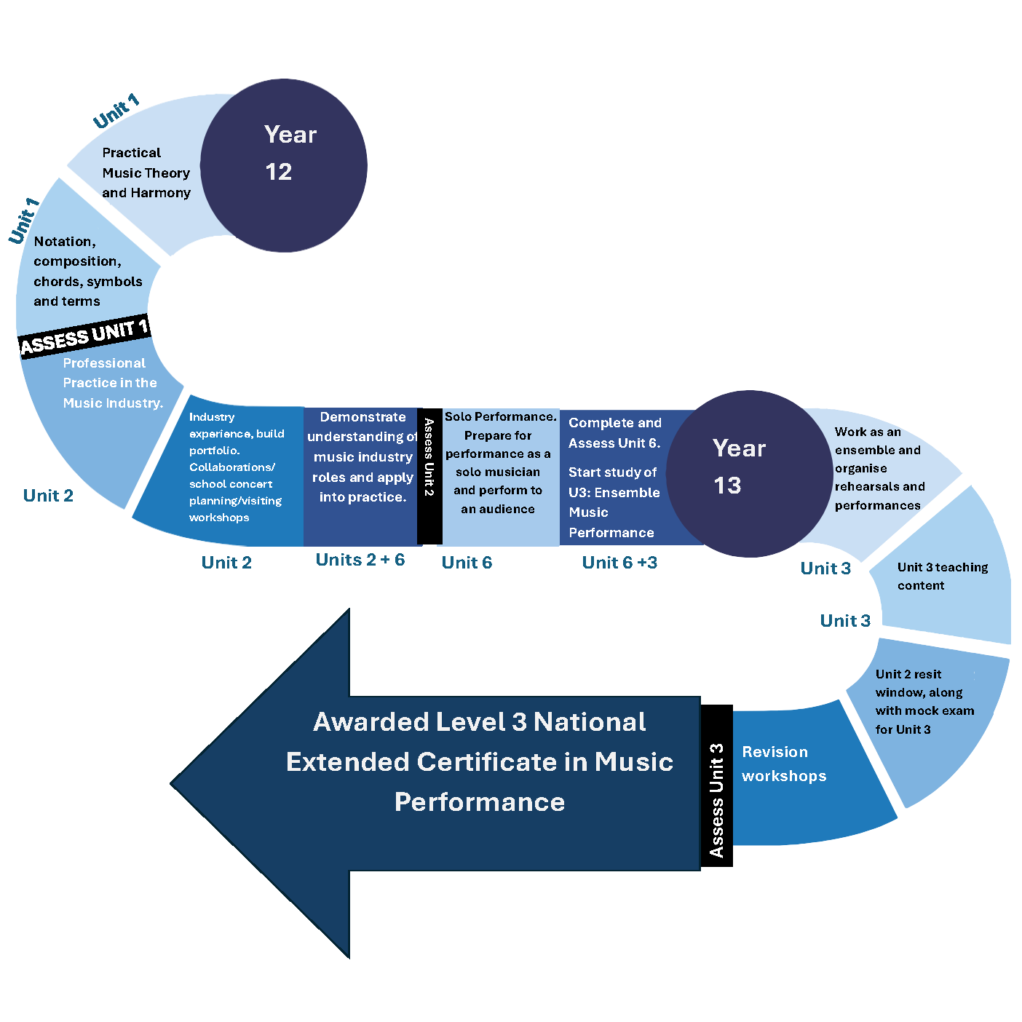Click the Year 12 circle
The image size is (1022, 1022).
(283, 165)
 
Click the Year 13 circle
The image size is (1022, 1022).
(750, 474)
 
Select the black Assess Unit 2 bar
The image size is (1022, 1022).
(429, 476)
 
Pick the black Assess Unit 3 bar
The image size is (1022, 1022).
(716, 786)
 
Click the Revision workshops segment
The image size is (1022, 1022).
(801, 772)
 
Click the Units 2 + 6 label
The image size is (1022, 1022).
(360, 560)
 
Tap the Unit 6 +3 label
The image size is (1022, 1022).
(619, 563)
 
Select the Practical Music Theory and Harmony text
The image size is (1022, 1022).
(146, 173)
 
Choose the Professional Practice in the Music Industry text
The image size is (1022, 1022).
(112, 383)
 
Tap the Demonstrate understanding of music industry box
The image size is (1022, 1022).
(362, 457)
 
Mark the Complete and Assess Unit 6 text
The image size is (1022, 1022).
(614, 433)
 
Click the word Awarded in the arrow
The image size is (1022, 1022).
(371, 722)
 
